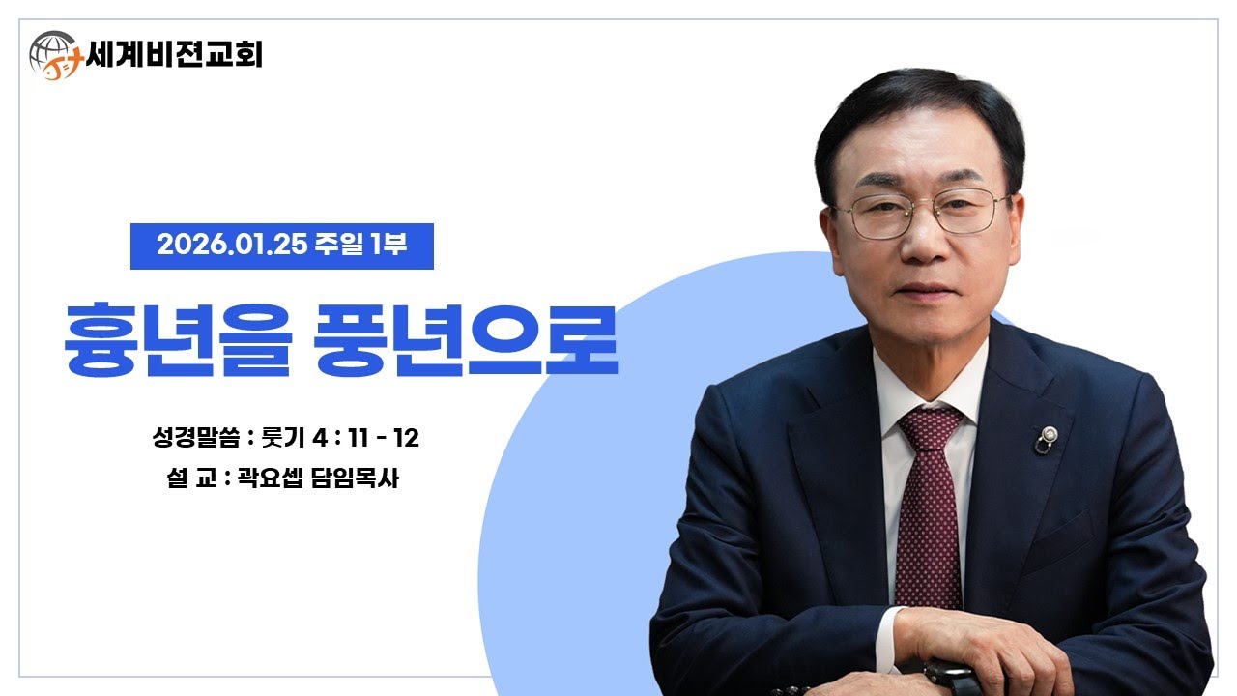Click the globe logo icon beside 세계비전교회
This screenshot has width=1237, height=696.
coord(54,54)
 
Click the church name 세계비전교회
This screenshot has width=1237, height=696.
coord(174,52)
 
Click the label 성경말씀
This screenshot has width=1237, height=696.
coord(194,438)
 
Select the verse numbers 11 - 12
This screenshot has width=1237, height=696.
coord(382,438)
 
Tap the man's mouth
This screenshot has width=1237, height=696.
coord(925,289)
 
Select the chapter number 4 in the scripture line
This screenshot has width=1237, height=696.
coord(321,438)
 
